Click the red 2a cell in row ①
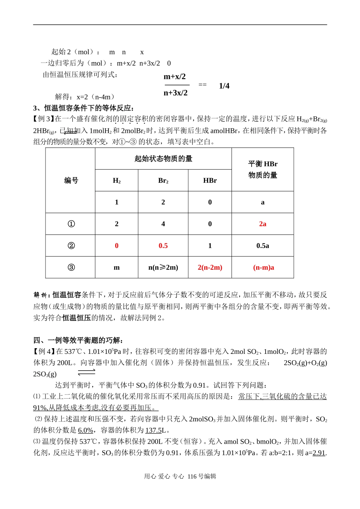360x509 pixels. [x=263, y=224]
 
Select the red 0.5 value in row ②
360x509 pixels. [x=163, y=246]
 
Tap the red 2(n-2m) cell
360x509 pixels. [x=210, y=267]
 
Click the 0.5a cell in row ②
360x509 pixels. [x=263, y=246]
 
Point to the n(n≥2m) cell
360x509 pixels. [x=163, y=267]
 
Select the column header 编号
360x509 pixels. [x=71, y=181]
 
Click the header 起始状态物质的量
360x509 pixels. [x=163, y=159]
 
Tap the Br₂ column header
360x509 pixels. [x=163, y=181]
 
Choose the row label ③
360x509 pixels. [x=71, y=267]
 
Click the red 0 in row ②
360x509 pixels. [x=117, y=246]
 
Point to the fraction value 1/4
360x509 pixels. [x=224, y=86]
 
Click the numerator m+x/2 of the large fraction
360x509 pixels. [x=175, y=77]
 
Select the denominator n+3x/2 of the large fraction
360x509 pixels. [x=175, y=93]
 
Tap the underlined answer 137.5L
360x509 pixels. [x=155, y=430]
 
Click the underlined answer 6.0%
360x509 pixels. [x=86, y=430]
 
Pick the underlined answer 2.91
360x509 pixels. [x=319, y=452]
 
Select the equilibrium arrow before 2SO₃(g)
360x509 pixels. [x=86, y=372]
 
